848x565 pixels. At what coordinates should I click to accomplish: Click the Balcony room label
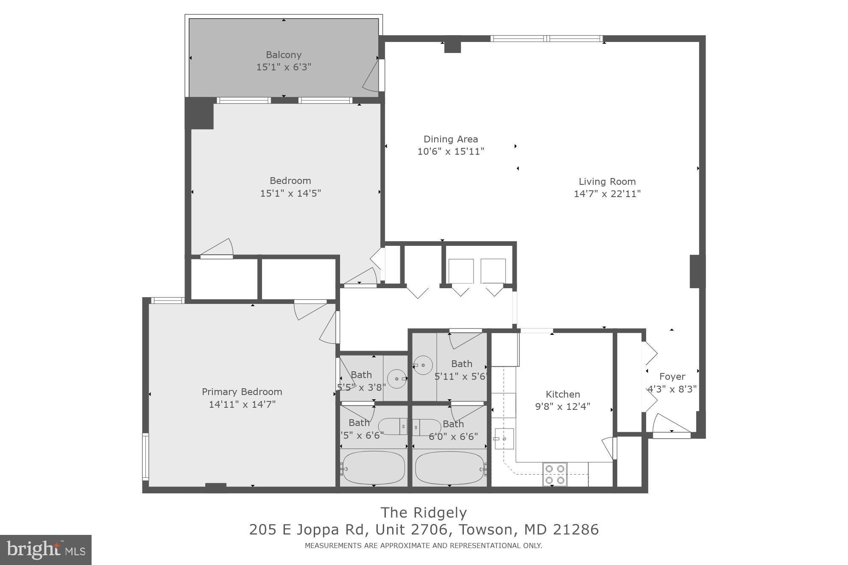point(284,55)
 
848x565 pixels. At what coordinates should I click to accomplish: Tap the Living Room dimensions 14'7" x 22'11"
point(607,194)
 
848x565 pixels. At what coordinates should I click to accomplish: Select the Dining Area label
point(450,139)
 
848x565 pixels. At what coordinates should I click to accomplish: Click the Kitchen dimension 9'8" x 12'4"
point(562,406)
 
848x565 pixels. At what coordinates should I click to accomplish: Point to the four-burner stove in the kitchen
point(555,474)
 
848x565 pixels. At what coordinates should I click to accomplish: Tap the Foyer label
point(672,376)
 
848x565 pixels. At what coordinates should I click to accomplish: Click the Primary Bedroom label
point(242,392)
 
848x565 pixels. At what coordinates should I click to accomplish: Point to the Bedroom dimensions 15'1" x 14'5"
point(290,193)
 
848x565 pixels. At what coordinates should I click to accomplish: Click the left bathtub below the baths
point(374,468)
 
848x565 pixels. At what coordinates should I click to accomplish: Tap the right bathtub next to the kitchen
point(449,468)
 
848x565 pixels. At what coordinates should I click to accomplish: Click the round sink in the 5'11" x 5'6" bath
point(423,365)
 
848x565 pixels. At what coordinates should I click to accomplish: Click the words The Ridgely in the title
point(423,512)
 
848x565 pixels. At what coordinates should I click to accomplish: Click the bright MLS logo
point(46,550)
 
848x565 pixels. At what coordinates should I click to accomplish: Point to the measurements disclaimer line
point(423,546)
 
